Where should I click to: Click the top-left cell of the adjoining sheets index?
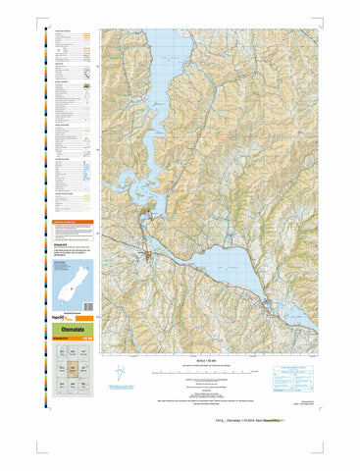tap(59, 356)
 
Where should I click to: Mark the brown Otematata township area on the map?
tap(146, 256)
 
